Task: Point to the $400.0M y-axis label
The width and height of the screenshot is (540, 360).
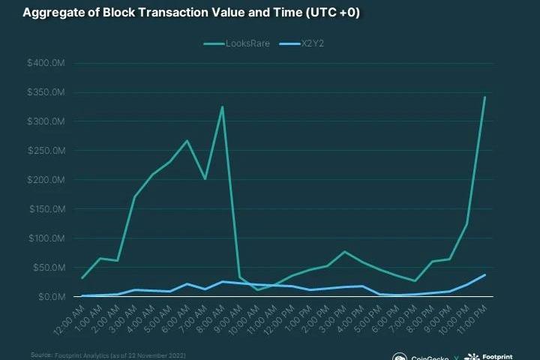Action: [x=47, y=64]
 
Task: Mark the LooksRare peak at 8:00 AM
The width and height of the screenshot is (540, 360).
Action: [x=222, y=106]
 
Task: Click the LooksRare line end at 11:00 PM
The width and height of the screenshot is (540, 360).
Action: [x=484, y=97]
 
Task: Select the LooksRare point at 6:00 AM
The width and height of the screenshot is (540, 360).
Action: [x=187, y=140]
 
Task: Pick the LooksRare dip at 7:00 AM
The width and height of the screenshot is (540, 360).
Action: [x=205, y=178]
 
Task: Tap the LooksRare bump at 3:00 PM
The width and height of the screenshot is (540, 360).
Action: [x=344, y=251]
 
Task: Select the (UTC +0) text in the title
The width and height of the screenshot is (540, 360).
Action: [x=328, y=13]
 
